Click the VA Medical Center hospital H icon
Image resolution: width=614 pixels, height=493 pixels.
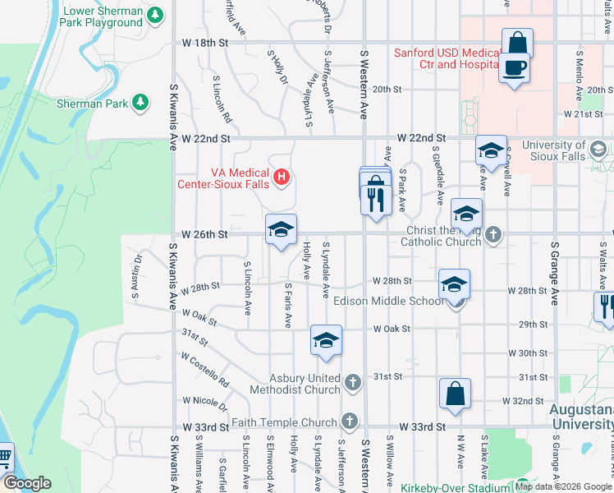[x=282, y=176]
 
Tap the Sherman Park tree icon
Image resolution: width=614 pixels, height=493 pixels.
[x=140, y=102]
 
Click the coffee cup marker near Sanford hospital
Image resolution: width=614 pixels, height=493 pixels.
[x=515, y=67]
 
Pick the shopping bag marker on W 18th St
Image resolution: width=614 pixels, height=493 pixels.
[x=517, y=43]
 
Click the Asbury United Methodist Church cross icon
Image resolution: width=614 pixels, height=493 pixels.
[x=352, y=382]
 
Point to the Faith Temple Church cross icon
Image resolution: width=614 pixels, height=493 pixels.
[x=349, y=422]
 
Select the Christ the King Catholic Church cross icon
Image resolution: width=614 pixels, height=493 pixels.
[x=493, y=235]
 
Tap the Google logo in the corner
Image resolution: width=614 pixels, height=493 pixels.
[x=27, y=483]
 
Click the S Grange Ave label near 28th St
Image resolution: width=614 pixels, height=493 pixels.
[x=555, y=274]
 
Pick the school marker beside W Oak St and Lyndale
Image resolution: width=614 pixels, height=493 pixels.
[x=326, y=341]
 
